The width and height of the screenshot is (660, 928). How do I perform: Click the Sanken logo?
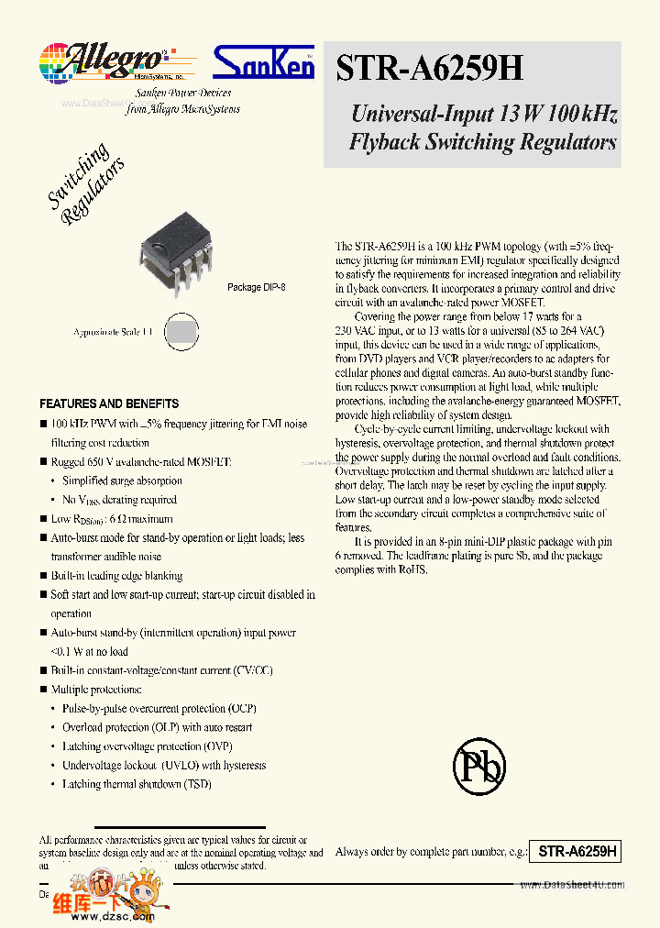(263, 62)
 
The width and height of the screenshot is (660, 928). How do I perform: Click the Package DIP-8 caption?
(256, 287)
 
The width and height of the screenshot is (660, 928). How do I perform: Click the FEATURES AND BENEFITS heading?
(109, 403)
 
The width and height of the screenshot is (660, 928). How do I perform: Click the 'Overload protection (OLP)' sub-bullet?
(157, 727)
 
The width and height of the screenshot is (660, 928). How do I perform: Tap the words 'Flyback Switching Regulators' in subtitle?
(482, 142)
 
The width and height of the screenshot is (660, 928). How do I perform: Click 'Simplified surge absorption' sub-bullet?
(122, 481)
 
